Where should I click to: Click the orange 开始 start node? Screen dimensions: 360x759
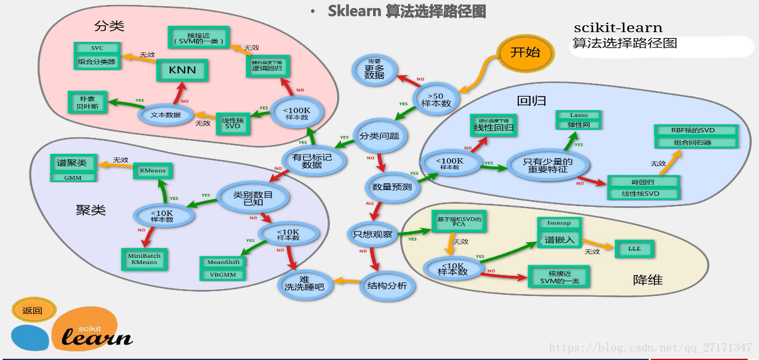pos(525,52)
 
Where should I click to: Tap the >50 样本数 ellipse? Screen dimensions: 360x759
pos(436,99)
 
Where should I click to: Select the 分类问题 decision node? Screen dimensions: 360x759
pos(380,136)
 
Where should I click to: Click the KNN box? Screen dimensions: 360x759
pos(182,70)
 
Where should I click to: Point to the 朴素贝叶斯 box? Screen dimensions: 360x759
pos(87,102)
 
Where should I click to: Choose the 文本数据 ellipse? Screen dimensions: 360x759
pos(165,114)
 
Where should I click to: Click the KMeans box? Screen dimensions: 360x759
pos(153,170)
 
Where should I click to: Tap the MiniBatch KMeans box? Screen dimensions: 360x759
pos(143,258)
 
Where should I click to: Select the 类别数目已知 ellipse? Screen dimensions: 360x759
pos(253,198)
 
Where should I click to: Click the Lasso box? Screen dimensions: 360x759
pos(579,115)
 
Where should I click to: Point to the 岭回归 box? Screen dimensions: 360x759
pos(643,182)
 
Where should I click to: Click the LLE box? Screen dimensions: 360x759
pos(634,249)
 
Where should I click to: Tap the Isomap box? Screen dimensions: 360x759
pos(558,223)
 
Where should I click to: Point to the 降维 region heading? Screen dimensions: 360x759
pos(648,280)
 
